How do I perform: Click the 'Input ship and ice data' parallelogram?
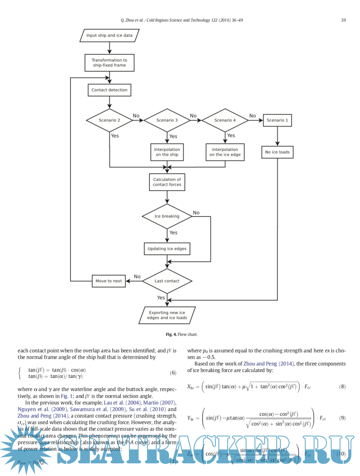[x=109, y=36]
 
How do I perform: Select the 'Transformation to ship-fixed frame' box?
[x=109, y=63]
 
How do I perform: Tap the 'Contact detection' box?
[x=109, y=90]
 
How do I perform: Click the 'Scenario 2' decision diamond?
[x=109, y=120]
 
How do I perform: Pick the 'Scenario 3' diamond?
[x=167, y=120]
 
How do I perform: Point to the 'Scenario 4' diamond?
[x=225, y=120]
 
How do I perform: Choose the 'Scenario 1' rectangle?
[x=277, y=120]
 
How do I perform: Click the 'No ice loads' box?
[x=277, y=152]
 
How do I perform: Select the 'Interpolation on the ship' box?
[x=167, y=152]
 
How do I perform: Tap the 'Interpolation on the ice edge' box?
[x=225, y=152]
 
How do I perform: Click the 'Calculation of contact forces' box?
[x=167, y=182]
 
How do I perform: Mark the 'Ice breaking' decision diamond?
[x=167, y=216]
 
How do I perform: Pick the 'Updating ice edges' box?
[x=167, y=249]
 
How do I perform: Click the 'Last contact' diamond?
[x=167, y=281]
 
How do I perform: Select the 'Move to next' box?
[x=109, y=281]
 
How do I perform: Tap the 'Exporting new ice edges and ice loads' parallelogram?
[x=167, y=315]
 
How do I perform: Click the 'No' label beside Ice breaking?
[x=196, y=213]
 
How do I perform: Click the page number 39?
[x=343, y=20]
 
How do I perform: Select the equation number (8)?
[x=342, y=387]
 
